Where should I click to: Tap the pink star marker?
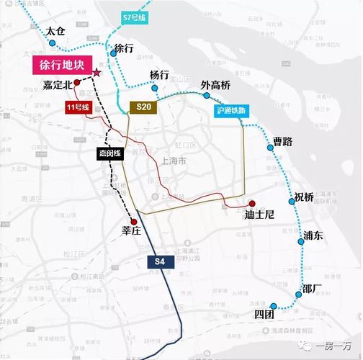tap(96, 72)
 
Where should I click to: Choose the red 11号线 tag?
tap(74, 107)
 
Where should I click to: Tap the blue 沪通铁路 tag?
tap(230, 111)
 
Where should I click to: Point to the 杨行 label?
tap(159, 75)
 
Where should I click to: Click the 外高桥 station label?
tap(215, 86)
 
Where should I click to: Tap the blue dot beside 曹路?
tap(271, 147)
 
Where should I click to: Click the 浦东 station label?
tap(314, 235)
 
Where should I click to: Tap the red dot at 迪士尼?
tap(252, 203)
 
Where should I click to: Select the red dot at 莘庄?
tap(134, 222)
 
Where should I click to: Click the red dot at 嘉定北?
tap(77, 84)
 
